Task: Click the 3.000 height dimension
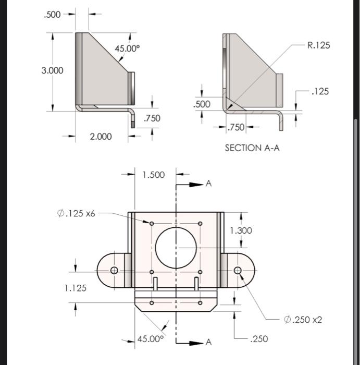[x=53, y=70]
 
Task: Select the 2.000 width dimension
[x=100, y=137]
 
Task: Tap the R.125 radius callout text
[x=318, y=45]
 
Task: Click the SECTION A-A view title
[x=252, y=148]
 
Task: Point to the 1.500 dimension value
[x=153, y=175]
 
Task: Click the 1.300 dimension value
[x=241, y=230]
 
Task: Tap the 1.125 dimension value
[x=76, y=288]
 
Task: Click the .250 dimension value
[x=259, y=339]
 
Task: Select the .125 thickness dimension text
[x=319, y=92]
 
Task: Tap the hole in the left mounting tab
[x=114, y=270]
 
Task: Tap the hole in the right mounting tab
[x=238, y=270]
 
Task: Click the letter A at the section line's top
[x=209, y=184]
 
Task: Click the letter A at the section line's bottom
[x=209, y=342]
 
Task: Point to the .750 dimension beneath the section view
[x=236, y=127]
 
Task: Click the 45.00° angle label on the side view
[x=127, y=48]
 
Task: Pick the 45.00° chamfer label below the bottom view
[x=150, y=339]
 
